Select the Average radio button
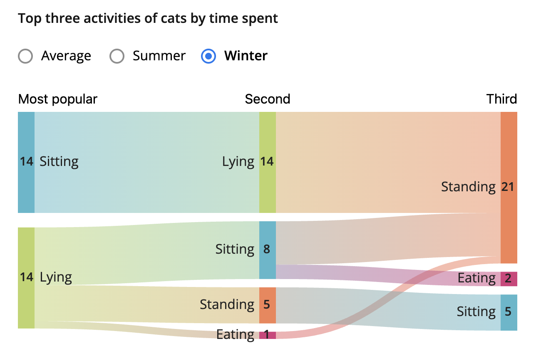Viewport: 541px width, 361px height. click(x=26, y=56)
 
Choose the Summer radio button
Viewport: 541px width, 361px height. click(x=117, y=56)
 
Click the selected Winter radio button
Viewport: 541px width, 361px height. click(x=208, y=56)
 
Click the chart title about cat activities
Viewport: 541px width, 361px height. click(x=148, y=19)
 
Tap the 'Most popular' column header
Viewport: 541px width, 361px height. click(x=57, y=99)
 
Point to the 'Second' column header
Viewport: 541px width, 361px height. click(x=267, y=99)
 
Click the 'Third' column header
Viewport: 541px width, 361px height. click(x=501, y=99)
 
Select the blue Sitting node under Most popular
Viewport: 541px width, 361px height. click(x=26, y=162)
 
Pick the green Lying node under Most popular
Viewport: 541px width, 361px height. click(x=26, y=277)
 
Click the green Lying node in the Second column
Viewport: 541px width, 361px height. click(x=267, y=162)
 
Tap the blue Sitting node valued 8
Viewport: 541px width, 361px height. click(x=267, y=250)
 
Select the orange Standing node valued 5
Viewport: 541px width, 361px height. click(x=267, y=305)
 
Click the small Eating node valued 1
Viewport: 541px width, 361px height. click(x=267, y=335)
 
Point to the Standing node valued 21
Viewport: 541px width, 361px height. click(x=509, y=187)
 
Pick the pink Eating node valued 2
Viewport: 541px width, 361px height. click(x=509, y=279)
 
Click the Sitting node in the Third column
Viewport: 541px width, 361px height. click(x=509, y=312)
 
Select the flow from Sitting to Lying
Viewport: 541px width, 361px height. click(x=146, y=162)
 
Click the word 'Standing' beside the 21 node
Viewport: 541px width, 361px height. click(x=468, y=187)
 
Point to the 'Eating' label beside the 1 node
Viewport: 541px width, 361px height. click(x=235, y=335)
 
